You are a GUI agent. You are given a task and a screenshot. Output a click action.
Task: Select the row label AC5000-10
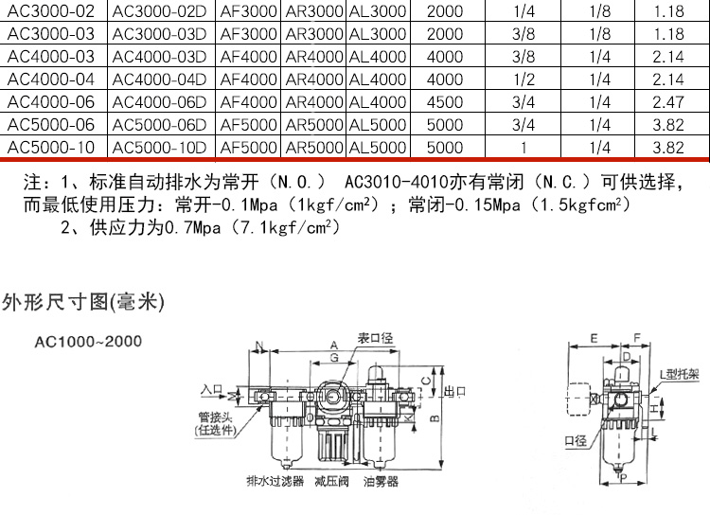pos(51,147)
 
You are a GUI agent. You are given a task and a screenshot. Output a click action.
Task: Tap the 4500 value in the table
pos(445,102)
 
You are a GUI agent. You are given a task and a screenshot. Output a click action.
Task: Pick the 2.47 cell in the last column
pos(668,102)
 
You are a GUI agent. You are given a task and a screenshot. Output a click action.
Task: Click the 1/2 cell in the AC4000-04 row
pos(523,80)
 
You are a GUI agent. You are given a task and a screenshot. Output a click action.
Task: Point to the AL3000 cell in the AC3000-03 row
pos(378,34)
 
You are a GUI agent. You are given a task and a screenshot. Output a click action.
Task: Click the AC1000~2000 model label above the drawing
pos(87,342)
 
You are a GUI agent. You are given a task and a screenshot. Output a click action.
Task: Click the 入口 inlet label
pos(212,389)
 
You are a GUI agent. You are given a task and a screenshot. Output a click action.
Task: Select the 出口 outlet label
pos(457,390)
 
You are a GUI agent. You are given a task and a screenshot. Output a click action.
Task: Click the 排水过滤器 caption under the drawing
pos(275,482)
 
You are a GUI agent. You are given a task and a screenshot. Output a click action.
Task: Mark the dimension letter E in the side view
pos(593,337)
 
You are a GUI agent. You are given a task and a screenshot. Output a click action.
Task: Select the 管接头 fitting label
pos(216,416)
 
